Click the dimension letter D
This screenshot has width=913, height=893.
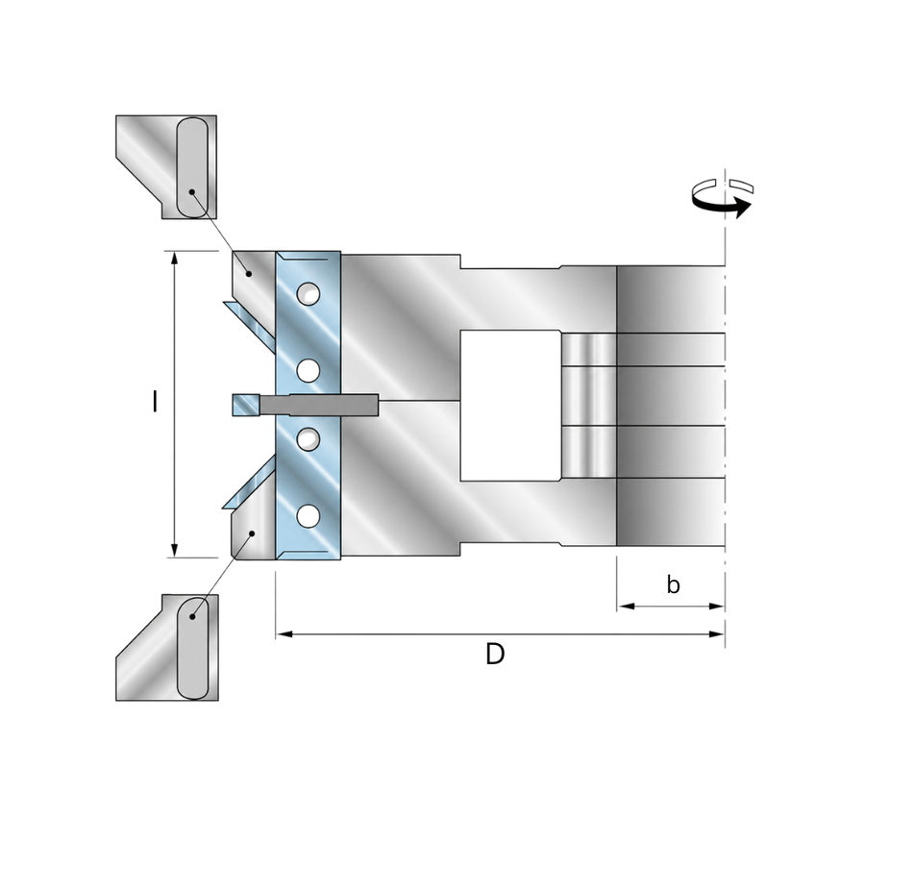coord(495,655)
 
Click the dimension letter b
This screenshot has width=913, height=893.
coord(673,584)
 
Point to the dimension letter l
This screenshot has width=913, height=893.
coord(155,402)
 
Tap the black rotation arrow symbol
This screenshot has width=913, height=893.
coord(723,199)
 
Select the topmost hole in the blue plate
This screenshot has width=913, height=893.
coord(308,294)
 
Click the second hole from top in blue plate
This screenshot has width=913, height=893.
coord(308,370)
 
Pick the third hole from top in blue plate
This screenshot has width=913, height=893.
coord(308,438)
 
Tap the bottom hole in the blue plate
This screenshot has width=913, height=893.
coord(308,516)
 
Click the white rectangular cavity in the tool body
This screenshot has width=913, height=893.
coord(510,406)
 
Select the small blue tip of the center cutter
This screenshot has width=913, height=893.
coord(246,405)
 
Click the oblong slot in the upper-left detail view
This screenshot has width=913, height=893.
coord(191,167)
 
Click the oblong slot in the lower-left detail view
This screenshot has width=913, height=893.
coord(192,647)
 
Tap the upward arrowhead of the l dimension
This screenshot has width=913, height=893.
coord(174,260)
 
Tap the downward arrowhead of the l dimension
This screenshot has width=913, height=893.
coord(174,549)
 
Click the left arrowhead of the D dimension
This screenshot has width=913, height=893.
coord(284,633)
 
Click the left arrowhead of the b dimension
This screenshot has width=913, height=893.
coord(626,607)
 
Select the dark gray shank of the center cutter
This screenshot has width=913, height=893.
coord(319,405)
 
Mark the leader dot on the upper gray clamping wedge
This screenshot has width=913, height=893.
coord(249,273)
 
